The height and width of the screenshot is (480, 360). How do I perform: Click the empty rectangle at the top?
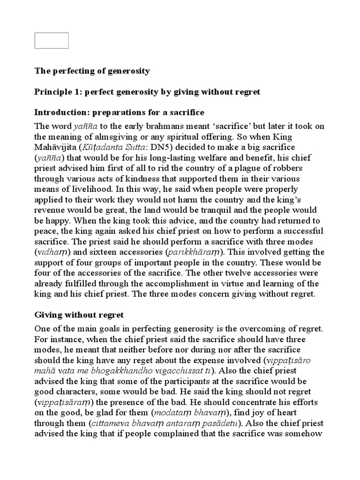[x=52, y=40]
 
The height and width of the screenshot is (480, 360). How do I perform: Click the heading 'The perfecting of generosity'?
[x=92, y=71]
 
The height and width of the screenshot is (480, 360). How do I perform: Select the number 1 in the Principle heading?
[x=72, y=92]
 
